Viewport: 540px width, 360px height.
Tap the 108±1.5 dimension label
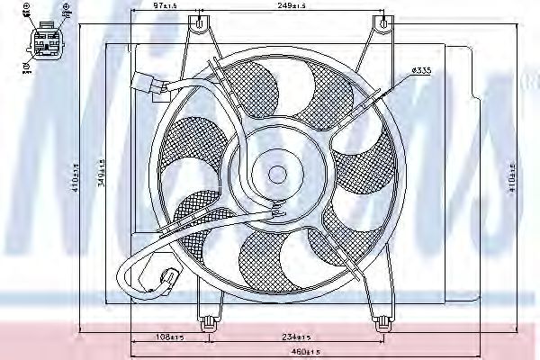[x=170, y=337]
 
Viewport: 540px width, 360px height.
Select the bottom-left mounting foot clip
[x=208, y=319]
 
